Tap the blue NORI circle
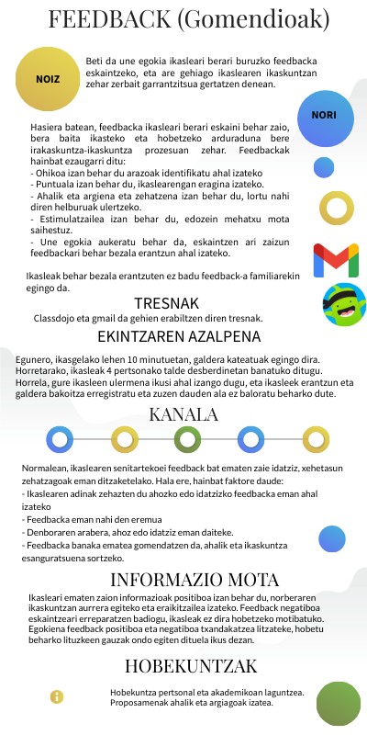(324, 116)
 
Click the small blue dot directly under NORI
(323, 167)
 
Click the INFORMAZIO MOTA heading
(195, 580)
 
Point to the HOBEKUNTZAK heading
(190, 665)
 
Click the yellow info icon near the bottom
(57, 696)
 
